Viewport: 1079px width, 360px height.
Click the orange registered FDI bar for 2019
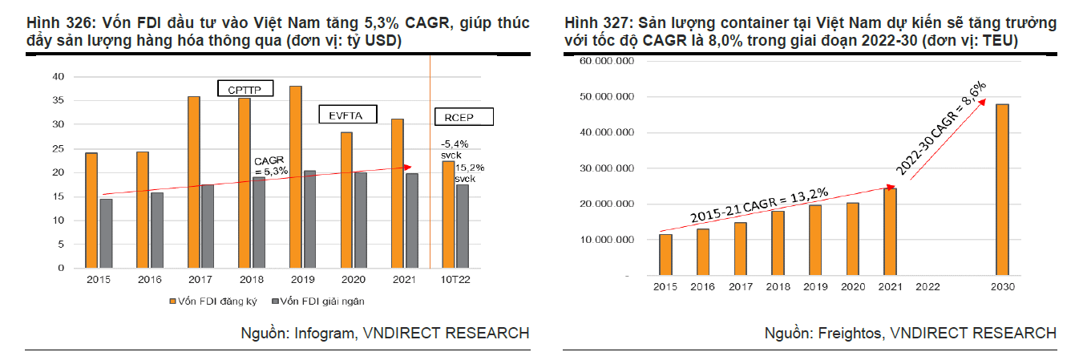pyautogui.click(x=295, y=176)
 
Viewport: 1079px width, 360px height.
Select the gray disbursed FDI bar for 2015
pyautogui.click(x=105, y=233)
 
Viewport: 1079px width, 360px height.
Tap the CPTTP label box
pyautogui.click(x=245, y=88)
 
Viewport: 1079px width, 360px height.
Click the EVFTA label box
pyautogui.click(x=346, y=115)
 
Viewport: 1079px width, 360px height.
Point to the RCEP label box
pyautogui.click(x=463, y=117)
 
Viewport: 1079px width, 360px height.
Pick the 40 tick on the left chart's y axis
pyautogui.click(x=57, y=76)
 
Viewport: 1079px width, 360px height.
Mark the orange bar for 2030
pyautogui.click(x=1002, y=190)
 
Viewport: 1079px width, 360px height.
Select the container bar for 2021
pyautogui.click(x=890, y=232)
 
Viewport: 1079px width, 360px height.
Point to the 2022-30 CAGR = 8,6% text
pyautogui.click(x=941, y=128)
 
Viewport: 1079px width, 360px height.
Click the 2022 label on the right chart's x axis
pyautogui.click(x=927, y=287)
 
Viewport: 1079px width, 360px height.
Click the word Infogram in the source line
pyautogui.click(x=320, y=333)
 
